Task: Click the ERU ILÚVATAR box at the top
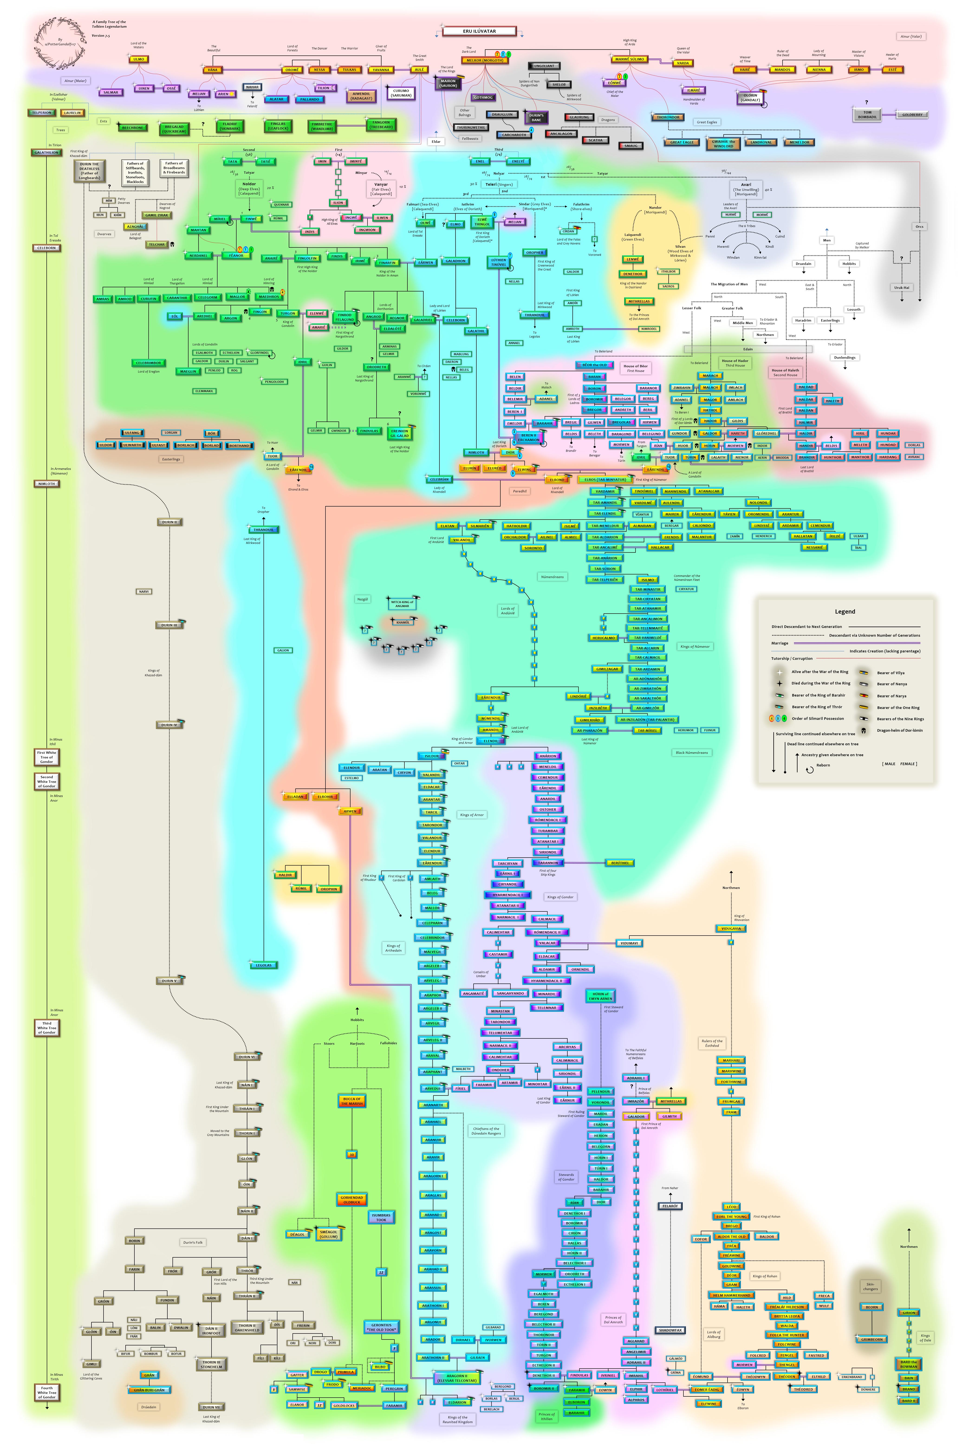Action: [x=479, y=31]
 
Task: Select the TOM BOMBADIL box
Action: [x=867, y=115]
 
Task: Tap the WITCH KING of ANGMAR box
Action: [x=403, y=604]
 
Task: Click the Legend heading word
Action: [x=845, y=611]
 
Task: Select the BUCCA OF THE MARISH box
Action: [x=351, y=1101]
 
